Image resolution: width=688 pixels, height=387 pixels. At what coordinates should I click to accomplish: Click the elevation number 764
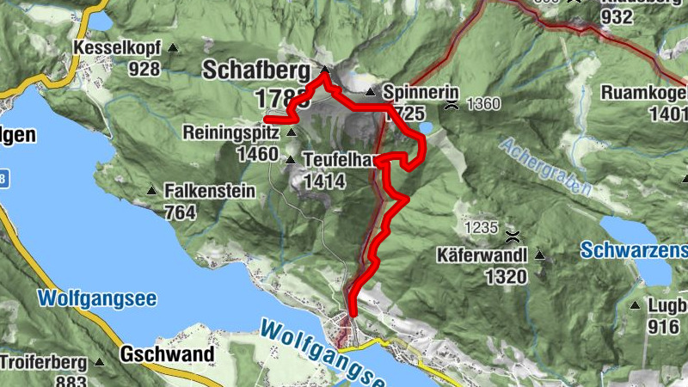pos(180,212)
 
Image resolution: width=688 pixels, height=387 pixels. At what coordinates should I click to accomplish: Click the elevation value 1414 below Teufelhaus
pos(323,181)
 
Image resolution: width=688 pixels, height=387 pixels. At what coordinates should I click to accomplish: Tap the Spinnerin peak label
pos(421,92)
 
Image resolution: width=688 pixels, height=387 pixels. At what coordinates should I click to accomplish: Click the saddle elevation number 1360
pos(482,105)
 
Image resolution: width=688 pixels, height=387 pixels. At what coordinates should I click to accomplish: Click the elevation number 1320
pos(506,276)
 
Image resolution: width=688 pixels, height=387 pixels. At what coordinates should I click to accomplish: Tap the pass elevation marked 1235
pos(481,228)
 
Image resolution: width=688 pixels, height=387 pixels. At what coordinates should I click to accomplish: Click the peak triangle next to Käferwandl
pos(540,255)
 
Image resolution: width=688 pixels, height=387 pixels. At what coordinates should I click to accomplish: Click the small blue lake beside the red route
pos(427,129)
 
